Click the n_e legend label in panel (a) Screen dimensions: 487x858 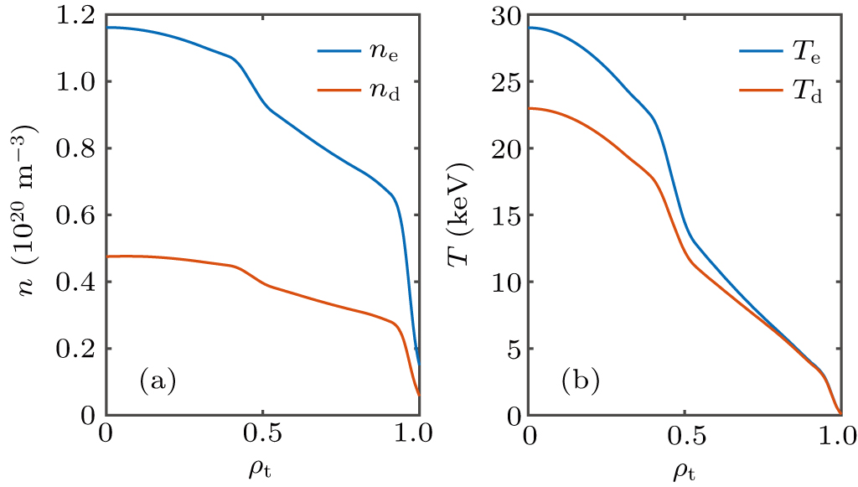click(380, 52)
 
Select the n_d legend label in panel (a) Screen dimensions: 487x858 click(380, 91)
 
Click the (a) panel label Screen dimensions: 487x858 click(157, 381)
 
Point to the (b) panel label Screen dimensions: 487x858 click(580, 381)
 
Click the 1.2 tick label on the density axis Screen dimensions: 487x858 click(77, 16)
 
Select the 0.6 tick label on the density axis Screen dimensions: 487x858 click(77, 215)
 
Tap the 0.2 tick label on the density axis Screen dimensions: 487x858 click(77, 349)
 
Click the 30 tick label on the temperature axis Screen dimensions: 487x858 click(506, 16)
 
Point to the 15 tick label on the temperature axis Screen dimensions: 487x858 click(506, 215)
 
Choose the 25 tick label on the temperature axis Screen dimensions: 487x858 click(506, 82)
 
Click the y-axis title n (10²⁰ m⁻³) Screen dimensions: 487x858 click(31, 215)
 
